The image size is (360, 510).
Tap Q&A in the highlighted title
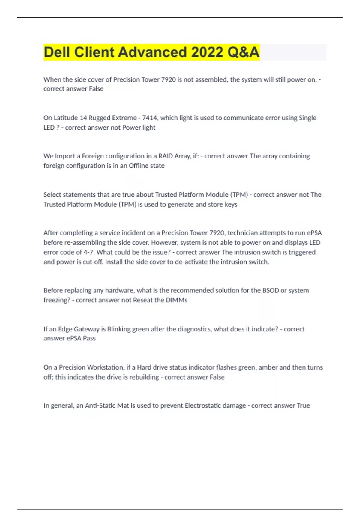243,52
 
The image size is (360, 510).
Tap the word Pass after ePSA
89,338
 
